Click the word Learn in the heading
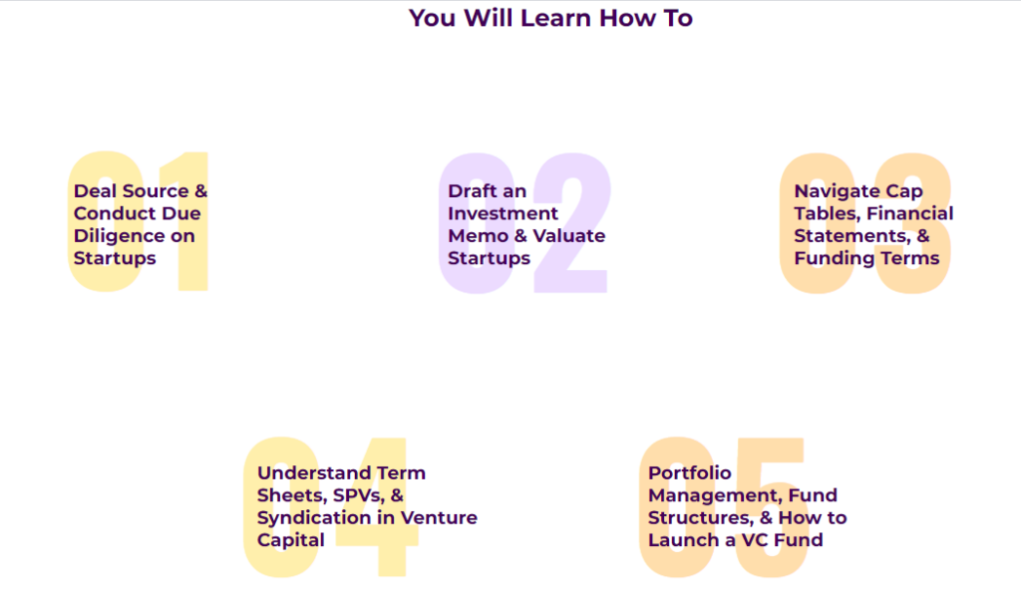pyautogui.click(x=555, y=18)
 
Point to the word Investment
pyautogui.click(x=503, y=213)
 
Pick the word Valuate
pyautogui.click(x=569, y=235)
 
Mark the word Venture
pyautogui.click(x=439, y=518)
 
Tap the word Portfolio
pyautogui.click(x=690, y=473)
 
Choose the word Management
pyautogui.click(x=715, y=496)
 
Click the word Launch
pyautogui.click(x=683, y=540)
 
